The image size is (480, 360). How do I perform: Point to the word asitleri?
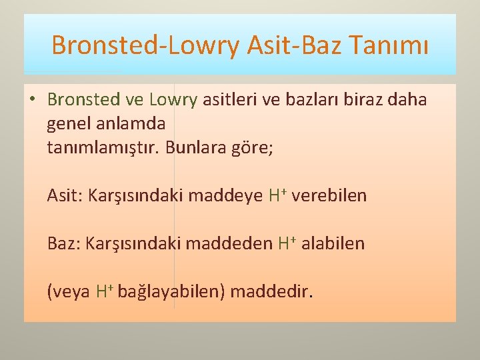pyautogui.click(x=229, y=100)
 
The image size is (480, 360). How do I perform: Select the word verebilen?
pyautogui.click(x=329, y=196)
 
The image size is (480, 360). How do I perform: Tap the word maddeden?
pyautogui.click(x=229, y=243)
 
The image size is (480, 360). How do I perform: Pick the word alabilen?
pyautogui.click(x=333, y=243)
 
